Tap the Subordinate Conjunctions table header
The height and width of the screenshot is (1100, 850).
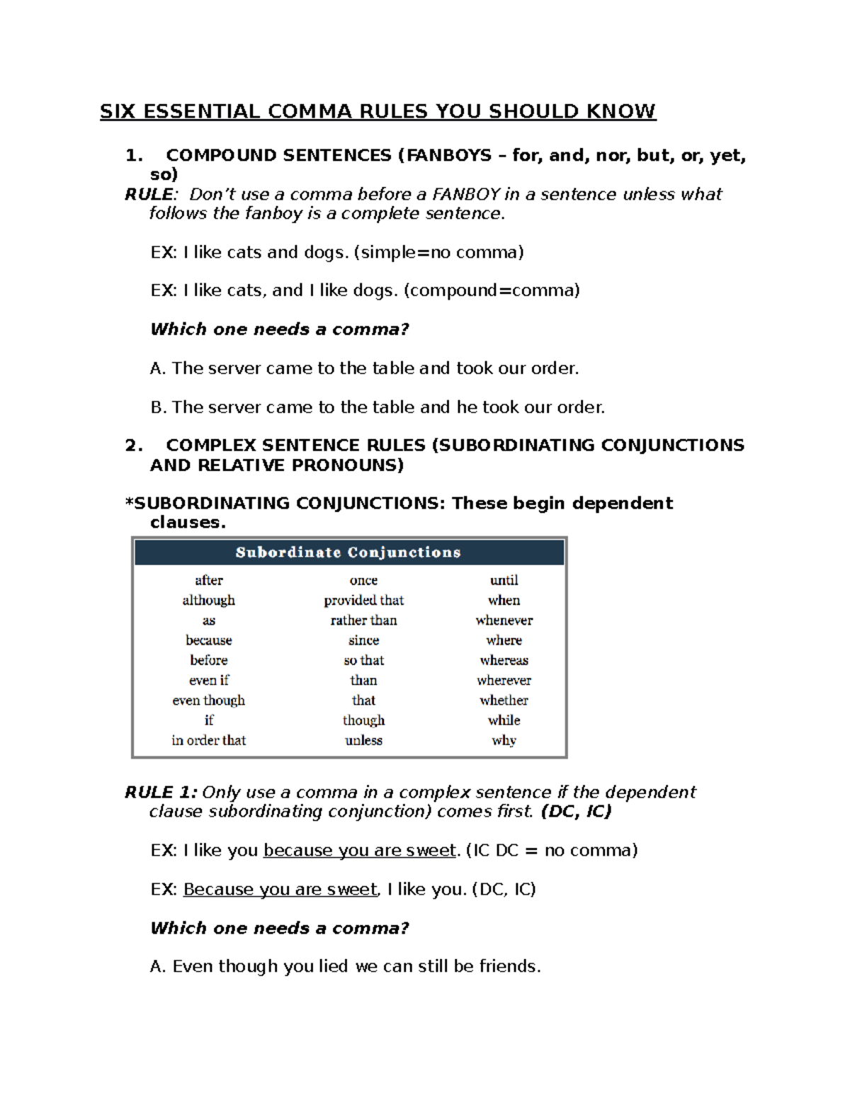click(x=348, y=552)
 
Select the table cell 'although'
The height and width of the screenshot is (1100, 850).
click(x=208, y=600)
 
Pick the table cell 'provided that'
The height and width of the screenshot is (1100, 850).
click(x=363, y=600)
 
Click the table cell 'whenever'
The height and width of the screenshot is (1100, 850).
click(x=504, y=620)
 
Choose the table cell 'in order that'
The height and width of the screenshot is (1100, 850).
click(x=208, y=740)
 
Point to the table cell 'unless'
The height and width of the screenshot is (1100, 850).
click(x=363, y=740)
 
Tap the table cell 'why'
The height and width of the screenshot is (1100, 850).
click(x=504, y=740)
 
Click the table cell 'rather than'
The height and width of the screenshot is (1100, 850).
click(x=363, y=620)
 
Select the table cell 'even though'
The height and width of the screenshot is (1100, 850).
click(x=208, y=700)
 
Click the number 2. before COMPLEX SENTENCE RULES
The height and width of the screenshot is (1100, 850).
click(x=133, y=446)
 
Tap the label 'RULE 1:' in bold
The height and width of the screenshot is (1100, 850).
click(x=161, y=792)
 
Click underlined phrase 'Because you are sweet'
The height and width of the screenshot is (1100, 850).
click(x=280, y=889)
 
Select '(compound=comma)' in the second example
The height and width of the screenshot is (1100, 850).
click(x=492, y=290)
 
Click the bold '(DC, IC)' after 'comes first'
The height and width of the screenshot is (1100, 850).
click(x=576, y=811)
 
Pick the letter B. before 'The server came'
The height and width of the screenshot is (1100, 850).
click(x=158, y=407)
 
